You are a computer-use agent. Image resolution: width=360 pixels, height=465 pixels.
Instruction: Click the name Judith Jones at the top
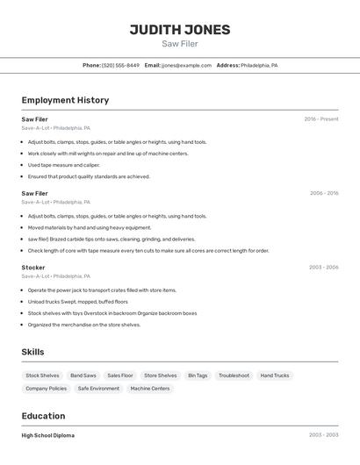tap(180, 30)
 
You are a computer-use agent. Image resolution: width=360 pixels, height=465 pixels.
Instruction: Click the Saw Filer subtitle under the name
tap(180, 44)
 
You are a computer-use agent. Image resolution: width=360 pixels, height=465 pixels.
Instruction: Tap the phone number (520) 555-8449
tap(120, 66)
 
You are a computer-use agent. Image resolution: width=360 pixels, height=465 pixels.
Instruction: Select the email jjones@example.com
tap(186, 66)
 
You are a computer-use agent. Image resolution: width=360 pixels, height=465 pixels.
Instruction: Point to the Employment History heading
tap(65, 100)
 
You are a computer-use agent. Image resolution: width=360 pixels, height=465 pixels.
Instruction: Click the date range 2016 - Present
tap(321, 119)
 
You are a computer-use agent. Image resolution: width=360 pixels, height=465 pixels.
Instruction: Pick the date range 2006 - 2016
tap(324, 193)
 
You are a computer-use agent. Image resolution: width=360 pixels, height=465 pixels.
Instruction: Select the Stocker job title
tap(33, 267)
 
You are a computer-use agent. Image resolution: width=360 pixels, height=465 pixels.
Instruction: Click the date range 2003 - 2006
tap(323, 267)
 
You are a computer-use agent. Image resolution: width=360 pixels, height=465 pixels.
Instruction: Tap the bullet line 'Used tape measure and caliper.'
tap(63, 165)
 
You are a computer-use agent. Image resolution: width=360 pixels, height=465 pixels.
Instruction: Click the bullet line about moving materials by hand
tap(78, 227)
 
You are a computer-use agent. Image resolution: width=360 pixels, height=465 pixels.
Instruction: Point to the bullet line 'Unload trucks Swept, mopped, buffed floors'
tap(77, 302)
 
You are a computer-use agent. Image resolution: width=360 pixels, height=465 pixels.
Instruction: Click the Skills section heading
tap(32, 352)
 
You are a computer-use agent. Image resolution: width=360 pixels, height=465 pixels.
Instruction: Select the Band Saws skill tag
tap(83, 376)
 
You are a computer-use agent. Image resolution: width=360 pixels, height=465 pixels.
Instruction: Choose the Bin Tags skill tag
tap(198, 376)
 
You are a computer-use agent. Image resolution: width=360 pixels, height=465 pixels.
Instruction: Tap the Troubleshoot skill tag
tap(234, 376)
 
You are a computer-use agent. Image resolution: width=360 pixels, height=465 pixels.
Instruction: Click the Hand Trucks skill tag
tap(275, 376)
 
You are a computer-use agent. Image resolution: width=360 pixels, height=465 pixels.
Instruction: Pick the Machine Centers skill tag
tap(150, 389)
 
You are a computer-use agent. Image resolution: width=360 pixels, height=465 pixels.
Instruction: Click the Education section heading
tap(43, 416)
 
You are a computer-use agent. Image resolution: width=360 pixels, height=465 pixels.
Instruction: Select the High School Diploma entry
tap(47, 435)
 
